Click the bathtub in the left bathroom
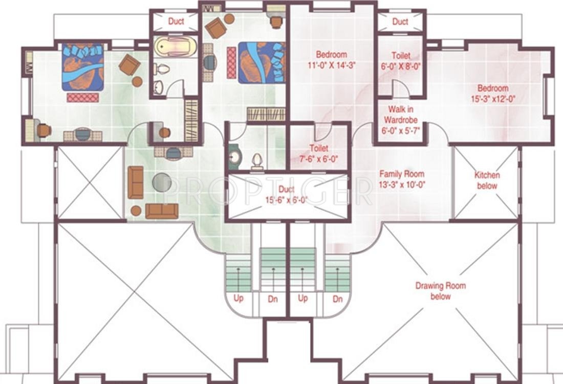175,46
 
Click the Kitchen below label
487,181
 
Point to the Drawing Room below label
440,291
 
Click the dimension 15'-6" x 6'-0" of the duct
287,200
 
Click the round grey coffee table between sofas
162,182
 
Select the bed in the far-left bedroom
83,67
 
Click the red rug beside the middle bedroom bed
231,62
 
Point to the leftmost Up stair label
239,298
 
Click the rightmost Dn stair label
337,299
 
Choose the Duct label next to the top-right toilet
400,22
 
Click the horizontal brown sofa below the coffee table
162,211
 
